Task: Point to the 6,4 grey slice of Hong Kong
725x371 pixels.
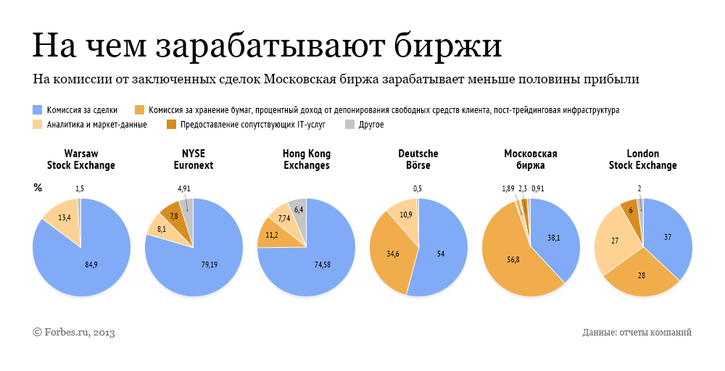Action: coord(299,209)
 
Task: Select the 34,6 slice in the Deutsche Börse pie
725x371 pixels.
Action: coord(391,254)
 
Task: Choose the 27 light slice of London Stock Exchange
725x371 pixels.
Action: coord(615,241)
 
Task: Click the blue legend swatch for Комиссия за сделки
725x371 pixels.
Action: coord(38,110)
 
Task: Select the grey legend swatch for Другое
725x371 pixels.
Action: coord(349,125)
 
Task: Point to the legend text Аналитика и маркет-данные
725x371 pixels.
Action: coord(96,125)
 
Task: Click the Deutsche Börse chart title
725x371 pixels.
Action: coord(418,159)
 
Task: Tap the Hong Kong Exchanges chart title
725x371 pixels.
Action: coord(306,159)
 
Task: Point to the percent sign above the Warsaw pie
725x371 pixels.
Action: coord(38,188)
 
